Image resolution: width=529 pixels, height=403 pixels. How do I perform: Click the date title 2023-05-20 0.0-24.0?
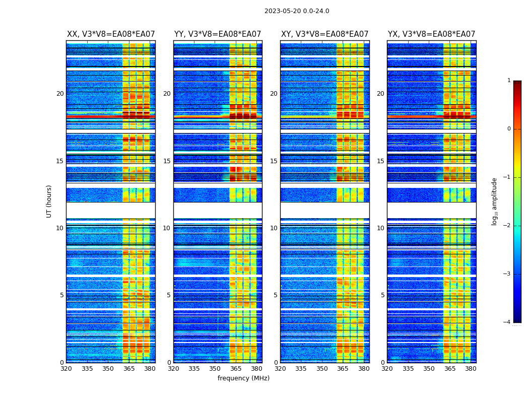[x=297, y=11]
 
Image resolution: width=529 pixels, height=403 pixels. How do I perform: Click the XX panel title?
[x=111, y=34]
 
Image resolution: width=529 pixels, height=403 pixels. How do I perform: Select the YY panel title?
[x=218, y=34]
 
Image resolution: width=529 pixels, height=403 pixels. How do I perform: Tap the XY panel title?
[x=324, y=34]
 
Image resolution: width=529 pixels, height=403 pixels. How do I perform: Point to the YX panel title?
[x=431, y=34]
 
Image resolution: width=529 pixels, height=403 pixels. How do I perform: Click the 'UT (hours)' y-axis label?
[x=49, y=201]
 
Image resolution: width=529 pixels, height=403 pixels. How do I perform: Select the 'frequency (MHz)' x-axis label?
[x=243, y=378]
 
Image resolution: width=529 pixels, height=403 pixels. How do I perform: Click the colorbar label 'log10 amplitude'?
[x=495, y=201]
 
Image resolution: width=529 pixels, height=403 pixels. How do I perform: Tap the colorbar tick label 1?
[x=509, y=81]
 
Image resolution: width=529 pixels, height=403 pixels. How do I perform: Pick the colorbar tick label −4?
[x=507, y=322]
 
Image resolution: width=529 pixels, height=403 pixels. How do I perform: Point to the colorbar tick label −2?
[x=507, y=226]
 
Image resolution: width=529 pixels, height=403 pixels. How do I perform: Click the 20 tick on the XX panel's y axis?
[x=60, y=94]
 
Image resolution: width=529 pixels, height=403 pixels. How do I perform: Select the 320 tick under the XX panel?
[x=66, y=369]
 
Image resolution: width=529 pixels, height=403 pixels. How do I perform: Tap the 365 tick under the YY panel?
[x=236, y=369]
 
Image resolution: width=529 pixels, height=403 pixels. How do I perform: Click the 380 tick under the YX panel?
[x=471, y=369]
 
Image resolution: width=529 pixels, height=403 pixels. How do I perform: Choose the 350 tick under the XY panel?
[x=322, y=369]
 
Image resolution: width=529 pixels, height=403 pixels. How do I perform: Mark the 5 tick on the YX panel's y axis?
[x=382, y=295]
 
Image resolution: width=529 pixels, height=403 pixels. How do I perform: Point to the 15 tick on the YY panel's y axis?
[x=167, y=161]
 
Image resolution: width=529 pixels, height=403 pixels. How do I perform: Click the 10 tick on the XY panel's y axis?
[x=274, y=228]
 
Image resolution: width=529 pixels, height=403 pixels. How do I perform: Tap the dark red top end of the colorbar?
[x=517, y=83]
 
